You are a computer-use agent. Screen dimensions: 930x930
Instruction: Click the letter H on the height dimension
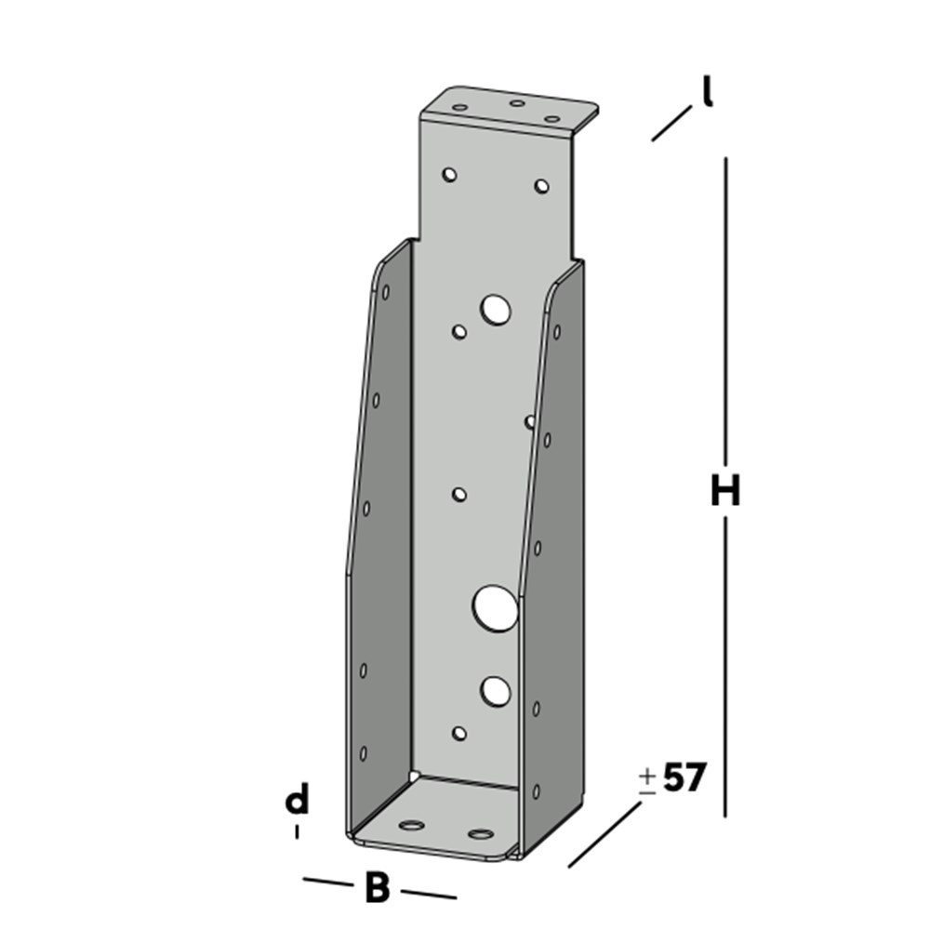[x=725, y=491]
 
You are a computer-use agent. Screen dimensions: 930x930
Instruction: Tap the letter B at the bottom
[x=377, y=887]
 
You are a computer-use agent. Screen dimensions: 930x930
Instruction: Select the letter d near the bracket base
[x=297, y=800]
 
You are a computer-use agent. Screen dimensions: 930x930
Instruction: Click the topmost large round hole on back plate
[x=497, y=310]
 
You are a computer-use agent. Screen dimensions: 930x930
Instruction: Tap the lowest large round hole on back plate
[x=496, y=690]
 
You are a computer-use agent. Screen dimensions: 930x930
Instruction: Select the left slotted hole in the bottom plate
[x=410, y=824]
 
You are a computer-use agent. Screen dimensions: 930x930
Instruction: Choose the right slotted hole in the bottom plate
[x=480, y=833]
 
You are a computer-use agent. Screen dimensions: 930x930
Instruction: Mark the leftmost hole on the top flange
[x=459, y=107]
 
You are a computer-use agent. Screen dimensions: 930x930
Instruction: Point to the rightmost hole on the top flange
[x=551, y=119]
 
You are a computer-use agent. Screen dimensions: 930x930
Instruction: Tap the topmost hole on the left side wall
[x=385, y=292]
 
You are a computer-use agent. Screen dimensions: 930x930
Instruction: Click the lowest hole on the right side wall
[x=536, y=791]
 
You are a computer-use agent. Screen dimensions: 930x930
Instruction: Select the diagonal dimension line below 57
[x=604, y=834]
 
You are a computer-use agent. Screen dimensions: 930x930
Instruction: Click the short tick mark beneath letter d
[x=297, y=831]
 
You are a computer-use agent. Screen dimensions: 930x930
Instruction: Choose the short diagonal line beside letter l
[x=671, y=123]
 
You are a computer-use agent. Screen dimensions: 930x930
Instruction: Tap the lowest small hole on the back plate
[x=458, y=734]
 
